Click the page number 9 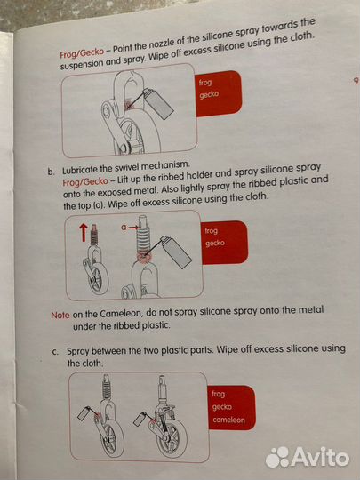pos(356,81)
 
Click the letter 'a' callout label pos(124,228)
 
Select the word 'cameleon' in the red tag pos(229,420)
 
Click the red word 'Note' pos(60,315)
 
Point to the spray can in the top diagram pos(158,104)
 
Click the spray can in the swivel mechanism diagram pos(177,252)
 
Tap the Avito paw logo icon pos(277,457)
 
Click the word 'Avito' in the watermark pos(320,458)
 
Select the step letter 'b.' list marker pos(51,172)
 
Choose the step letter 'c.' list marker pos(55,352)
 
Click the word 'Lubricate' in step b pos(81,169)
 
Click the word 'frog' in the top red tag pos(205,83)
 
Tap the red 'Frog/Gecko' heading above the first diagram pos(82,53)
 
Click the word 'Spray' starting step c pos(78,351)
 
